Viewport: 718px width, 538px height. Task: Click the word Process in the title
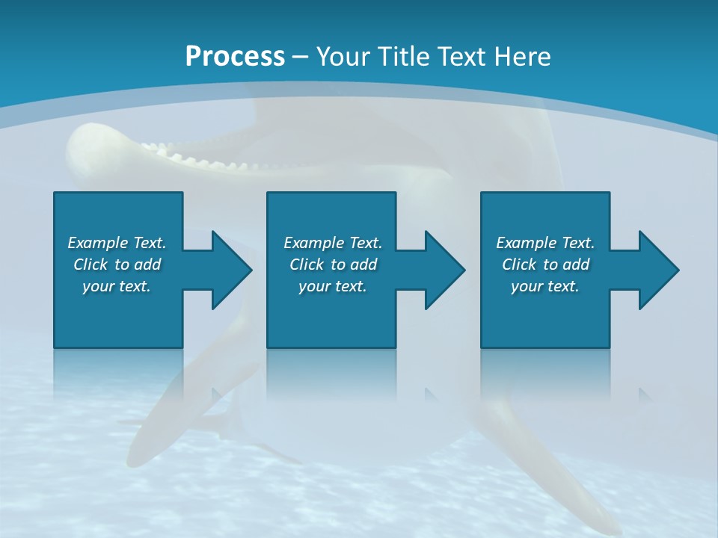coord(235,57)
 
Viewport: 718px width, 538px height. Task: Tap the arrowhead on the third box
coord(657,270)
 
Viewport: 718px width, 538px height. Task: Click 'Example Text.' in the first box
coord(117,243)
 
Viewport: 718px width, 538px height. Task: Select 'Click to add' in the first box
coord(117,265)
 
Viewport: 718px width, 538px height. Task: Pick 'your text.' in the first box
coord(117,286)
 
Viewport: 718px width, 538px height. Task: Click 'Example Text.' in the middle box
coord(333,243)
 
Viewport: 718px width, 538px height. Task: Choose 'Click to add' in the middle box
coord(333,265)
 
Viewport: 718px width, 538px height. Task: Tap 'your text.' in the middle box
coord(333,286)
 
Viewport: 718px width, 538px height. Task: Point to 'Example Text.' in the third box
coord(545,243)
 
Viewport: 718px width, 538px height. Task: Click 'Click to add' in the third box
coord(545,265)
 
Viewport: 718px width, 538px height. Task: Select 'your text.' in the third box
coord(545,286)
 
